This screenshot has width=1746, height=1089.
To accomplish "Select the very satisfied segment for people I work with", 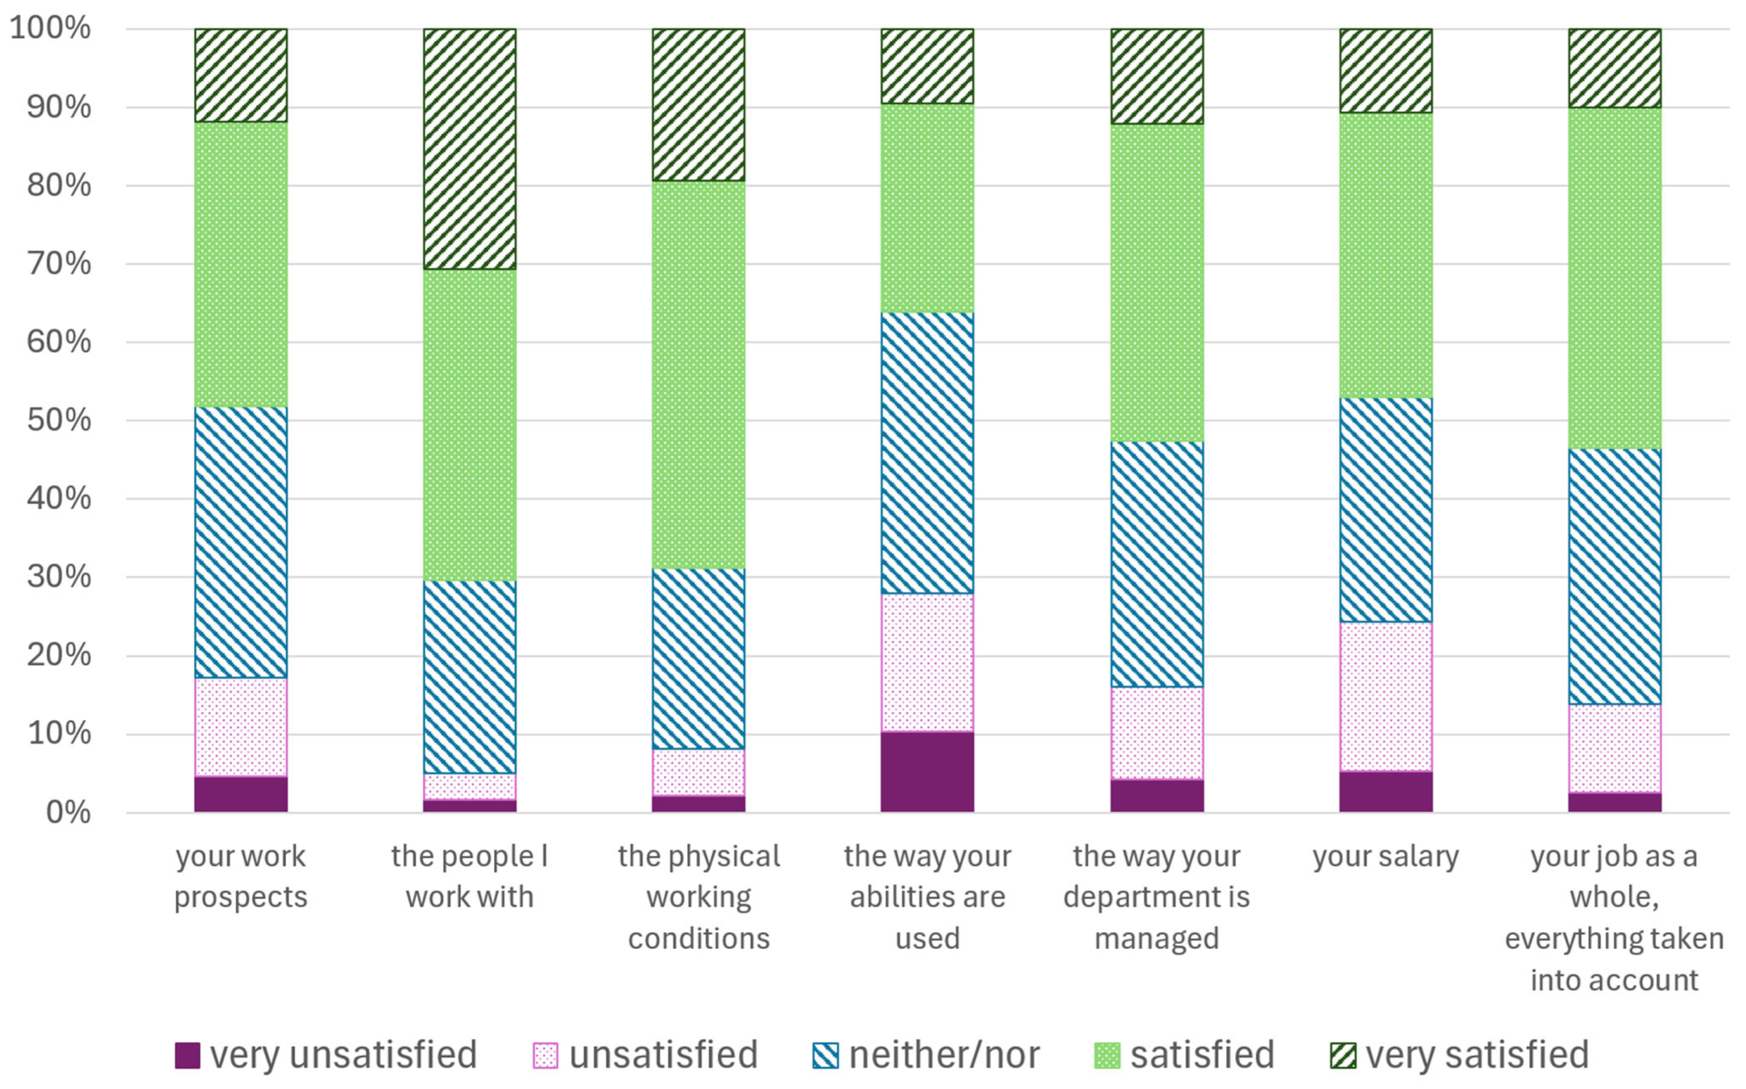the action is coord(470,149).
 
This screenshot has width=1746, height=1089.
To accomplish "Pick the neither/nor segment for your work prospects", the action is coord(240,543).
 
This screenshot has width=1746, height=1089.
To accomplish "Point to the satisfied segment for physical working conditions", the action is coord(698,374).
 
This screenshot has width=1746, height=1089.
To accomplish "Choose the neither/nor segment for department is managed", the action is coord(1156,564).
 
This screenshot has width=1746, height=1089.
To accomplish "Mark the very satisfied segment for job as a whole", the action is coord(1615,69).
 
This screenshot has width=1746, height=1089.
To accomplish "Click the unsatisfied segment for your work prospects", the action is coord(240,728).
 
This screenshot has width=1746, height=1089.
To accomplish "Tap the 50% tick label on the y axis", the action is coord(59,420).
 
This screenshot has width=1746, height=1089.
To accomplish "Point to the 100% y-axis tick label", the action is coord(50,29).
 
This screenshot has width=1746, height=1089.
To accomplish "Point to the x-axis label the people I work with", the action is coord(470,877).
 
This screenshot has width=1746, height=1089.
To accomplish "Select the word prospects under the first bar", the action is coord(240,898).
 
